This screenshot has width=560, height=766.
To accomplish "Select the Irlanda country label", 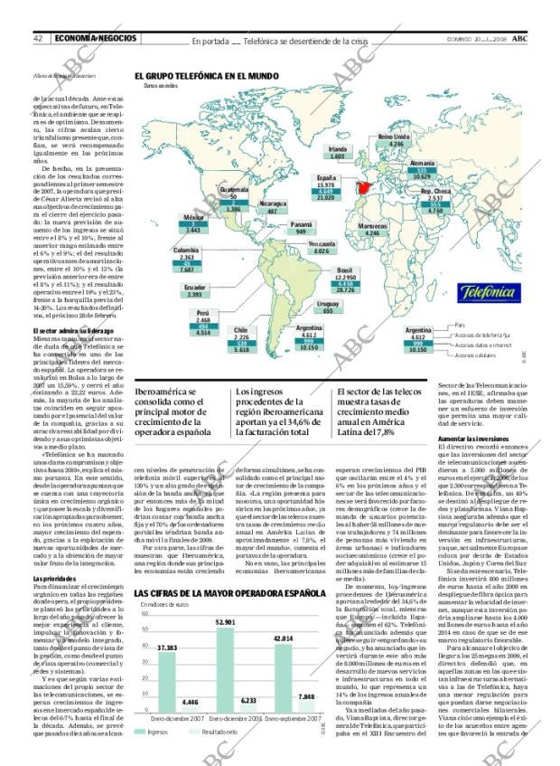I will click(x=338, y=147).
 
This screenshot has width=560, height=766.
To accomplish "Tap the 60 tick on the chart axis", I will click(x=143, y=615).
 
